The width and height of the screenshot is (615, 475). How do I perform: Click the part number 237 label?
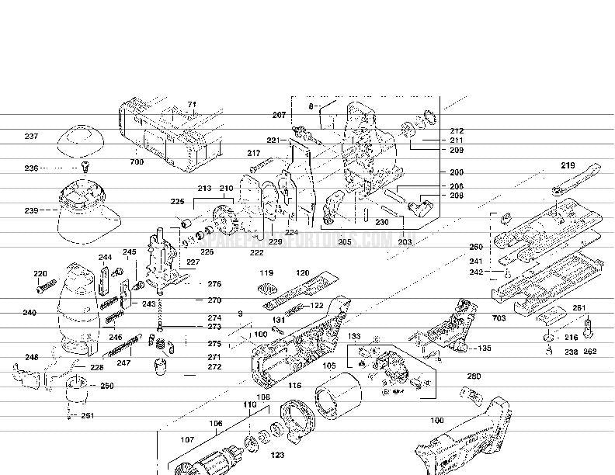click(x=31, y=137)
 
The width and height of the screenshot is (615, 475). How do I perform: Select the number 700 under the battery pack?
click(x=137, y=162)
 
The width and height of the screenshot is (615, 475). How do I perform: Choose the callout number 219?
click(x=568, y=165)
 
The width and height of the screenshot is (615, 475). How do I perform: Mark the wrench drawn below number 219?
click(x=575, y=180)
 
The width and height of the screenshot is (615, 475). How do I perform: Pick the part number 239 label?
click(x=31, y=210)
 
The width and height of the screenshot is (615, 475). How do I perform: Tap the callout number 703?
click(x=499, y=318)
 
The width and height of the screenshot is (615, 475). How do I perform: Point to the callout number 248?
click(x=31, y=358)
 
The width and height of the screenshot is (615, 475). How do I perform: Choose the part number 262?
click(x=589, y=352)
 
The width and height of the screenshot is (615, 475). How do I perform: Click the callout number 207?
click(x=280, y=115)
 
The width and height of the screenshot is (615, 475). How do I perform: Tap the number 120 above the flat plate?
click(x=303, y=273)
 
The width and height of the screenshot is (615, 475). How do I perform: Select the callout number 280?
click(x=474, y=376)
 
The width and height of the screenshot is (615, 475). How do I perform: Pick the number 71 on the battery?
click(x=192, y=104)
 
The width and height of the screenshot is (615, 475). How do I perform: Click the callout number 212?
click(x=457, y=131)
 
